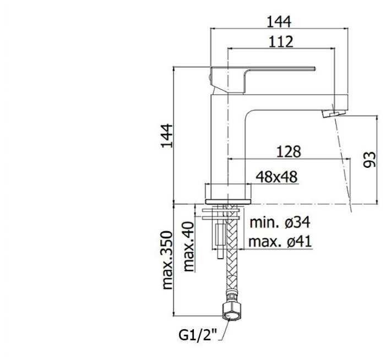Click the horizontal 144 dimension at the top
click(x=279, y=21)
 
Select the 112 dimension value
click(x=281, y=42)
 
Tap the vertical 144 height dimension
click(x=167, y=135)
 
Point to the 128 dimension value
click(x=289, y=151)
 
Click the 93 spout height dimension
click(x=369, y=160)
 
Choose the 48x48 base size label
click(x=276, y=177)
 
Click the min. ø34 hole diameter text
click(x=280, y=222)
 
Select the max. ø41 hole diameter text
click(x=280, y=242)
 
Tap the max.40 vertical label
click(x=189, y=247)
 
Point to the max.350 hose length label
click(x=167, y=260)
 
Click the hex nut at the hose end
click(x=231, y=312)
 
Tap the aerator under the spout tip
click(x=334, y=114)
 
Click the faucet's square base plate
click(x=228, y=202)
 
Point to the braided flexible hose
click(x=231, y=253)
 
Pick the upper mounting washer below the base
click(x=221, y=211)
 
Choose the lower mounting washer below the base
click(x=221, y=218)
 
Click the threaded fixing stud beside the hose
click(x=220, y=241)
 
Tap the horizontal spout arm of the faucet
click(x=295, y=102)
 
